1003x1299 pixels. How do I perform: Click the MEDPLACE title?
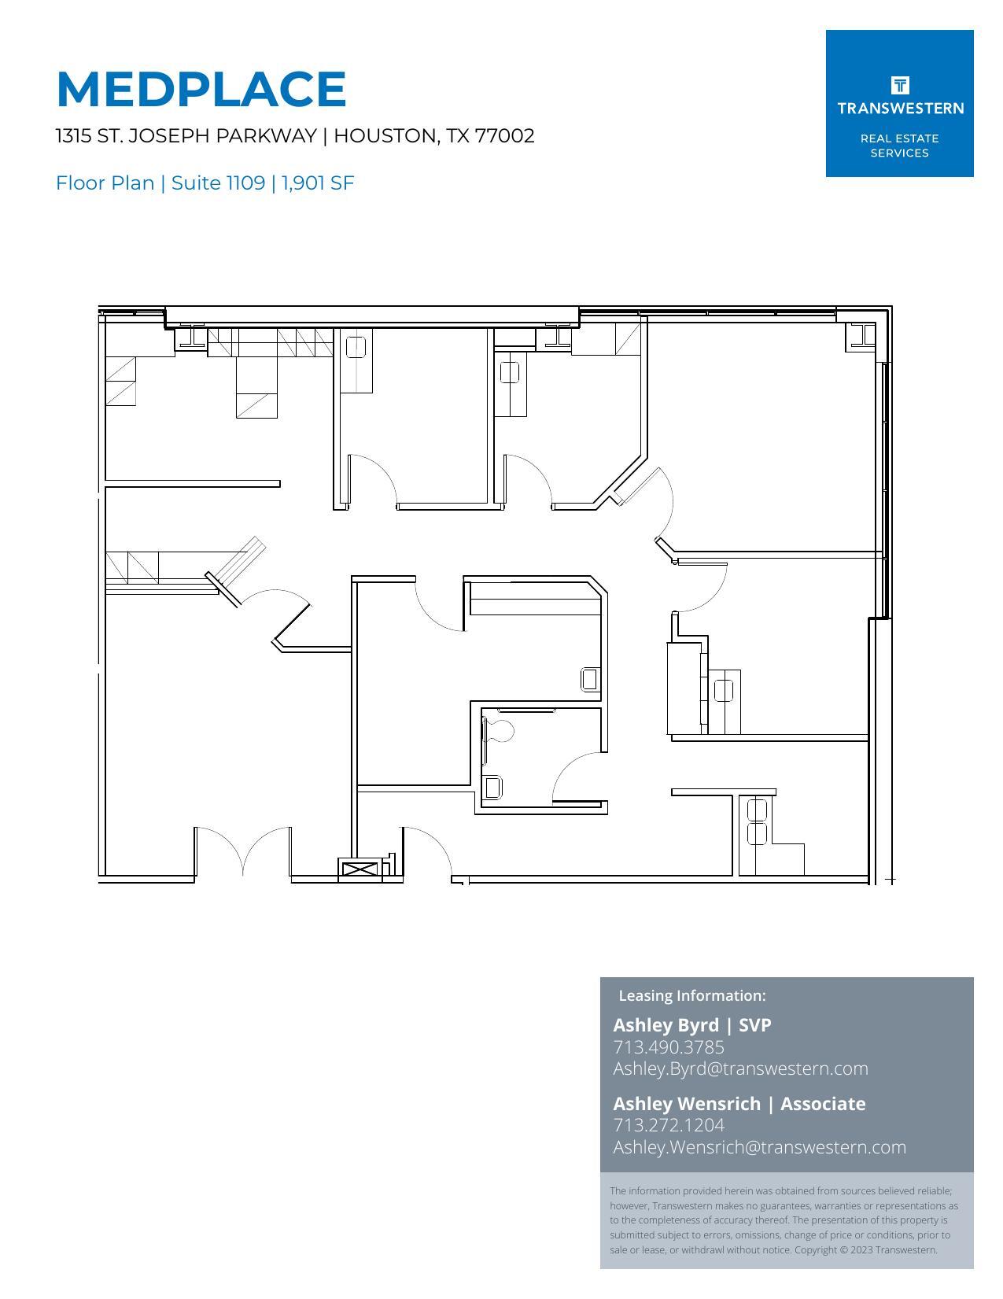(x=201, y=89)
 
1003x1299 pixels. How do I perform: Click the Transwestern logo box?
(x=899, y=103)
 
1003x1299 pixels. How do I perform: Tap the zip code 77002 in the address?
(x=505, y=135)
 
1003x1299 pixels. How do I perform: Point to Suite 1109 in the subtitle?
(x=218, y=183)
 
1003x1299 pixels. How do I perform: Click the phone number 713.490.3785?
(x=669, y=1046)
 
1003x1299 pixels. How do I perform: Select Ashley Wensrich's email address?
(x=759, y=1146)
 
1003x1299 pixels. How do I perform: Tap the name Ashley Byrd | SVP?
(x=691, y=1024)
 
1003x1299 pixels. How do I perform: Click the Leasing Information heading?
(x=691, y=995)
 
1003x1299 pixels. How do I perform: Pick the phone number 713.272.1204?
(x=669, y=1124)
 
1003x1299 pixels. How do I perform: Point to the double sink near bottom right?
(x=757, y=821)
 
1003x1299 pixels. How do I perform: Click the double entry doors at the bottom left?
(x=243, y=851)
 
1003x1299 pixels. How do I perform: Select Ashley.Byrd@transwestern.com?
(x=740, y=1068)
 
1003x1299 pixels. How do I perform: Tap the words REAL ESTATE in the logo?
(x=899, y=138)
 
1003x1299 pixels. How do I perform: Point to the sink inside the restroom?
(x=492, y=787)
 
